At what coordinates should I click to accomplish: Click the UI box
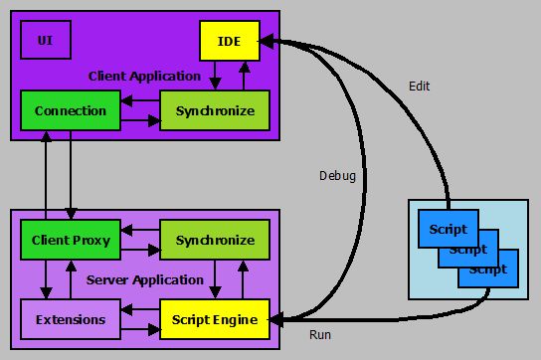(46, 41)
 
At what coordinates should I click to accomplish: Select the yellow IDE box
(229, 41)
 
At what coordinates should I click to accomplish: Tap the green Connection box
(70, 110)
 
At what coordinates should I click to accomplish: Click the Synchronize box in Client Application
(214, 110)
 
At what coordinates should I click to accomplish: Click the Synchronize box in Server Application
(214, 240)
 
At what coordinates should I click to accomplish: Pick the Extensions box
(70, 319)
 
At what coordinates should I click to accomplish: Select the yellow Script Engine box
(214, 319)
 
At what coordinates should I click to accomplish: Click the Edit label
(420, 87)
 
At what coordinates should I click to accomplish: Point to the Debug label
(337, 176)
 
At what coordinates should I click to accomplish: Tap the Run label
(320, 335)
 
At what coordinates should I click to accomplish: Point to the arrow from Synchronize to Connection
(139, 100)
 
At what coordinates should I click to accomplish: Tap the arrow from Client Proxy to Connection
(46, 174)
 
